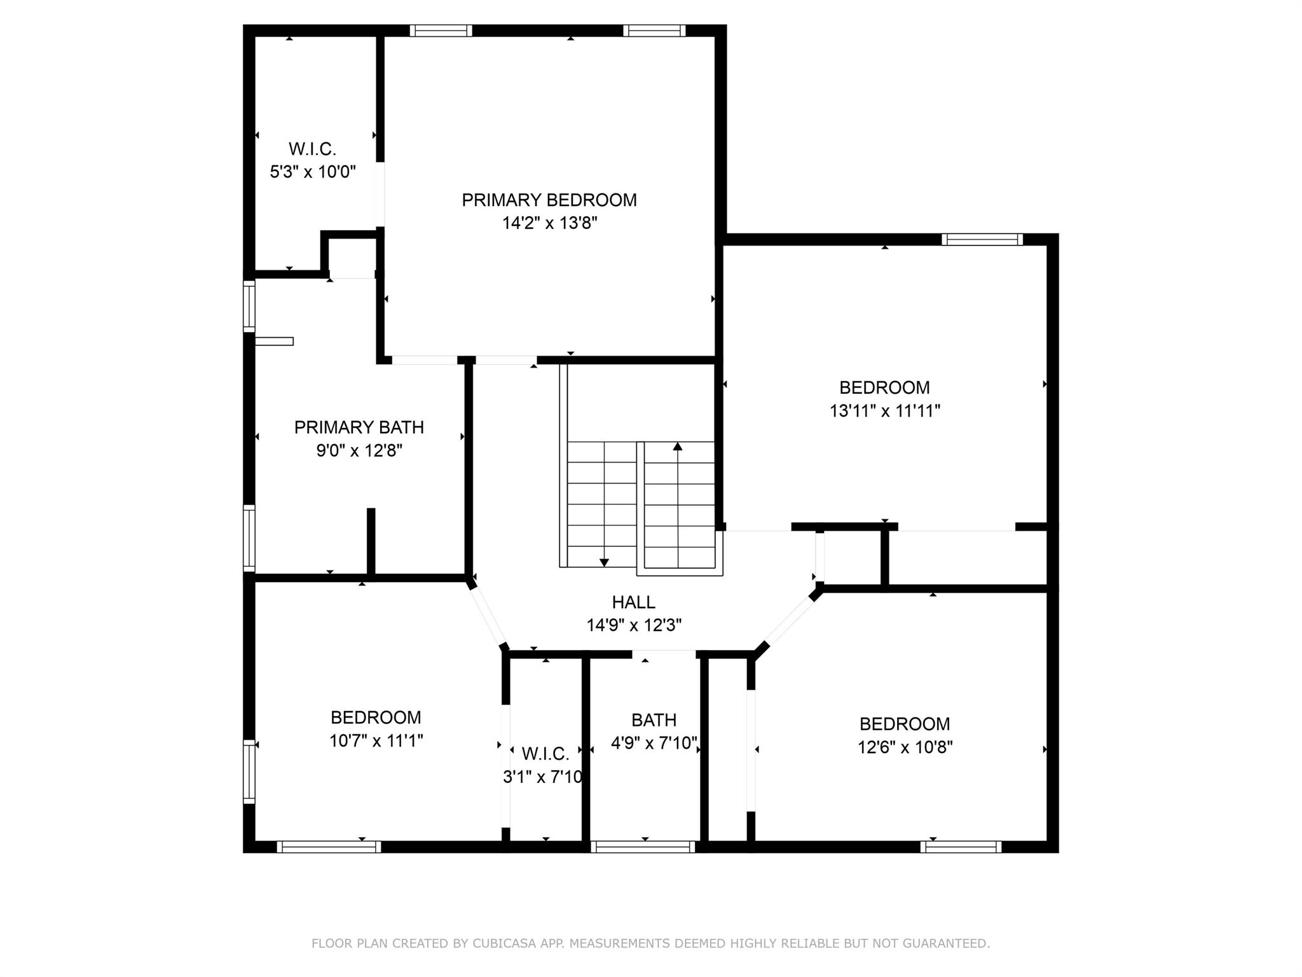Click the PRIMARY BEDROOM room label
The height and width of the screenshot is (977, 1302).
click(549, 200)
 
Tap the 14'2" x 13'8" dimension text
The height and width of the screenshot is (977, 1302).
click(550, 223)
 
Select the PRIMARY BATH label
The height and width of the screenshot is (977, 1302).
click(359, 427)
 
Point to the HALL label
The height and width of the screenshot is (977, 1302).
click(634, 602)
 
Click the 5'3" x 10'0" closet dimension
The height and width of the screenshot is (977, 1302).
click(313, 172)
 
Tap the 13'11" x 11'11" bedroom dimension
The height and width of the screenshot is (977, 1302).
click(885, 411)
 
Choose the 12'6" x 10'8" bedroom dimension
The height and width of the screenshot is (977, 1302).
click(905, 747)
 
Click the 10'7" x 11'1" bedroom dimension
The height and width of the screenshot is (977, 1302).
click(376, 740)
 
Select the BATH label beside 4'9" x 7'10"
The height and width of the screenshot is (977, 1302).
click(654, 720)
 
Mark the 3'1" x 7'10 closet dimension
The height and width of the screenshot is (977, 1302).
click(542, 777)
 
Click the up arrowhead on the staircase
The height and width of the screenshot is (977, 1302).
click(678, 447)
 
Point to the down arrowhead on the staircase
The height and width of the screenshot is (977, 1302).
click(604, 562)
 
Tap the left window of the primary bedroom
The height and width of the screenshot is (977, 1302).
click(441, 31)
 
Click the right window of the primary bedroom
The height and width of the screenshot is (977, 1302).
click(654, 31)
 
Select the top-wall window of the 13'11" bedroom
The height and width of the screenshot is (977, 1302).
click(982, 240)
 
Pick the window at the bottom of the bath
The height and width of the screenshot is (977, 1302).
click(644, 847)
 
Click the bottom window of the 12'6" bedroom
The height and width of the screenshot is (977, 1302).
click(961, 847)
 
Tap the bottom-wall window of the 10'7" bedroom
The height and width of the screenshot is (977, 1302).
click(329, 847)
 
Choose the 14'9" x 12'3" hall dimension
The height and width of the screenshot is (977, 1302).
click(634, 625)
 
